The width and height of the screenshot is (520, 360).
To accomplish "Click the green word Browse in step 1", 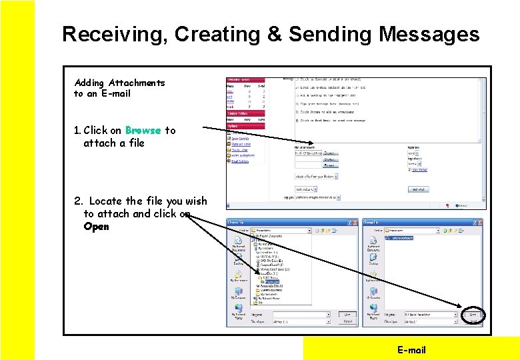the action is [x=143, y=130].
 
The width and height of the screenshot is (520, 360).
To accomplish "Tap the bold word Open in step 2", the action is [x=96, y=226].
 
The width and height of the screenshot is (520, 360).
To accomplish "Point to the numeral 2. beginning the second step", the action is [x=79, y=201].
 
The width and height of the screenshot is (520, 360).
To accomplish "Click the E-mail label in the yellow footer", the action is [x=411, y=349].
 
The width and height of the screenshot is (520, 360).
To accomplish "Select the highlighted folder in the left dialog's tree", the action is [x=273, y=282].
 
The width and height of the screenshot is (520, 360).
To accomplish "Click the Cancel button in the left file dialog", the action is [x=347, y=321].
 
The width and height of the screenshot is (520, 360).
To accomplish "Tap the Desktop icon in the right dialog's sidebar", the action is [x=373, y=261].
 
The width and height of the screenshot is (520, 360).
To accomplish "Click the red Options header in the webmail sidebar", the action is [x=245, y=125].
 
